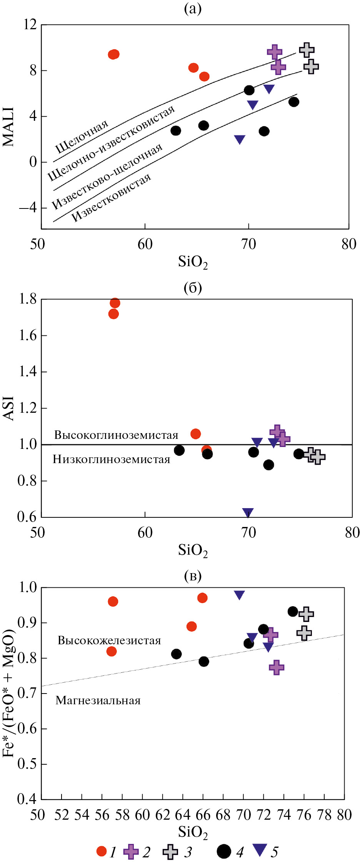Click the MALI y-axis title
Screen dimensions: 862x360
[8, 127]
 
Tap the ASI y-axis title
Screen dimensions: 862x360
[8, 408]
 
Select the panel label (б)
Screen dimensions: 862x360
[193, 288]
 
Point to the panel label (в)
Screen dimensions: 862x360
[193, 575]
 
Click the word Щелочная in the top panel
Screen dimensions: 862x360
[82, 137]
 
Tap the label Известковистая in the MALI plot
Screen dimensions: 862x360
[112, 198]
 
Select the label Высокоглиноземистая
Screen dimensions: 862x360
[116, 435]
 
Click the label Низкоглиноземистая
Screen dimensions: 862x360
[112, 459]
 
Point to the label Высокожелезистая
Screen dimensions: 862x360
[109, 640]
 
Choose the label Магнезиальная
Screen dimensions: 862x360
[98, 700]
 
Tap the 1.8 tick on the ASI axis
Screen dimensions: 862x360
[28, 299]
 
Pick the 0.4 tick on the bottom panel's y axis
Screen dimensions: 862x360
[27, 799]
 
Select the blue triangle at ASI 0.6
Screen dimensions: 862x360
[248, 513]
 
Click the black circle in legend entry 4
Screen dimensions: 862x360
[224, 851]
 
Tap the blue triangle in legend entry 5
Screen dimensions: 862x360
[261, 850]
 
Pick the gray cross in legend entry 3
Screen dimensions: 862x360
[170, 852]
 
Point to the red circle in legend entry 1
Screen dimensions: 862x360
[102, 851]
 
